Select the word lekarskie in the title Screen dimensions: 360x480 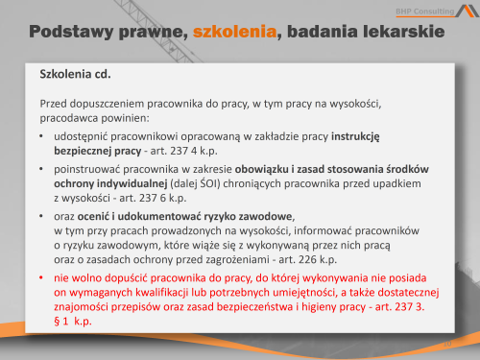406,33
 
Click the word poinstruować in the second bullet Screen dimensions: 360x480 89,168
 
